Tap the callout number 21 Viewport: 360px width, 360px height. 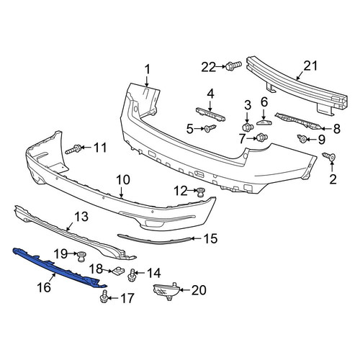310,66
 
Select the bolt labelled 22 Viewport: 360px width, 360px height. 233,66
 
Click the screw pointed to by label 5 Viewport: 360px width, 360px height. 210,128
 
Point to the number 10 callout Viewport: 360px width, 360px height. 123,180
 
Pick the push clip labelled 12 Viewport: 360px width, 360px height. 200,192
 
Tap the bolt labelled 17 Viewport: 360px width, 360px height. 104,297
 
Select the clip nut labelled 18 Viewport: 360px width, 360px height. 117,271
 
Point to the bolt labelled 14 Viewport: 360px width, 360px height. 132,275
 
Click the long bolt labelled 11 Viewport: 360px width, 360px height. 73,149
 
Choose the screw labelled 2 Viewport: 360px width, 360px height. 329,156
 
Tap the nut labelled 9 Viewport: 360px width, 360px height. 302,138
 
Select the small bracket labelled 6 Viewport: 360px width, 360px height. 264,122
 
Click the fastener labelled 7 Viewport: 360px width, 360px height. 262,138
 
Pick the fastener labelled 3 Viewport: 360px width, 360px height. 248,127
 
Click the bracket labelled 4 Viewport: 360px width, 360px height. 210,114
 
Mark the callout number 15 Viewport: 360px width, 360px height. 210,238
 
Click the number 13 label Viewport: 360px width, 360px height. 81,217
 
